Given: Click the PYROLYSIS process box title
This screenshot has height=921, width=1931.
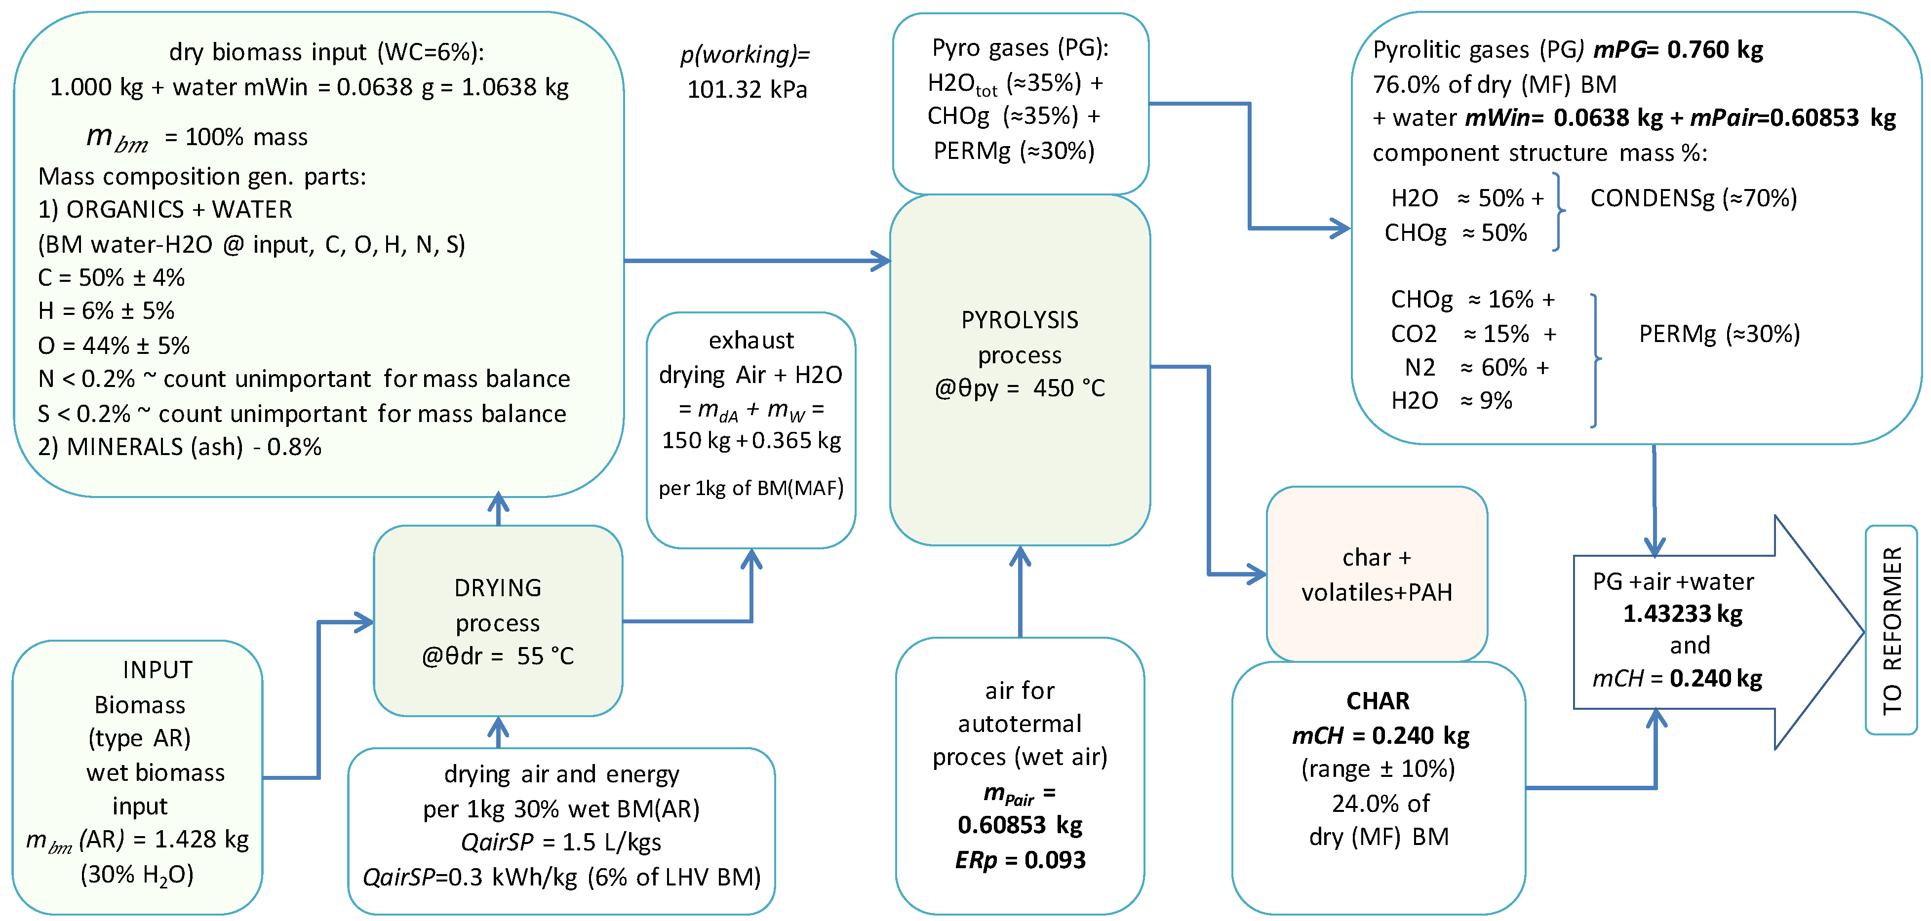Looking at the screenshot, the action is pos(1020,320).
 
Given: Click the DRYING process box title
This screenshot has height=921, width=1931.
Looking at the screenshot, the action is pos(498,587).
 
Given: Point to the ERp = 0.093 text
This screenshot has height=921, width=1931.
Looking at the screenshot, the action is pos(1020,859).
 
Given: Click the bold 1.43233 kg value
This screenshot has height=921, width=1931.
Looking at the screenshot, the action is pos(1682,614).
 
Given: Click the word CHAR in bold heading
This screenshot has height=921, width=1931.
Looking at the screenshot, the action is pos(1378,701).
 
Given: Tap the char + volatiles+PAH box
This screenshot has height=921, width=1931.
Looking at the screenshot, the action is pos(1376,575).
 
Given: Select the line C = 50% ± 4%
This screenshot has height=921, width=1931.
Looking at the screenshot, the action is pos(111,277).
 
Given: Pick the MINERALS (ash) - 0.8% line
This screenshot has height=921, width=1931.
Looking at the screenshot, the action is pos(179,447).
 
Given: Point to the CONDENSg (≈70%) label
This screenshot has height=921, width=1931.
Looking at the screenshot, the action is pos(1694,198).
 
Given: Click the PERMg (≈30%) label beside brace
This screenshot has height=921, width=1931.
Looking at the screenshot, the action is pos(1719,334).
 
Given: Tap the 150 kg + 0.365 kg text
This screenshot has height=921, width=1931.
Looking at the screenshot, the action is pos(750,440).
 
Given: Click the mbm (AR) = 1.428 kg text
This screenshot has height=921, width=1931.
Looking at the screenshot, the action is pos(137,840).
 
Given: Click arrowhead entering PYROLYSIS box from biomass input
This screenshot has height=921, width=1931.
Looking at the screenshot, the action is pos(881,261).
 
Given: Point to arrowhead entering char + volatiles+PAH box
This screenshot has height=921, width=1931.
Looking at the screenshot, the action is pos(1257,575).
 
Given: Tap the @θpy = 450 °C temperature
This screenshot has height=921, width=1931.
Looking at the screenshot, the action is pos(1020,388).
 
